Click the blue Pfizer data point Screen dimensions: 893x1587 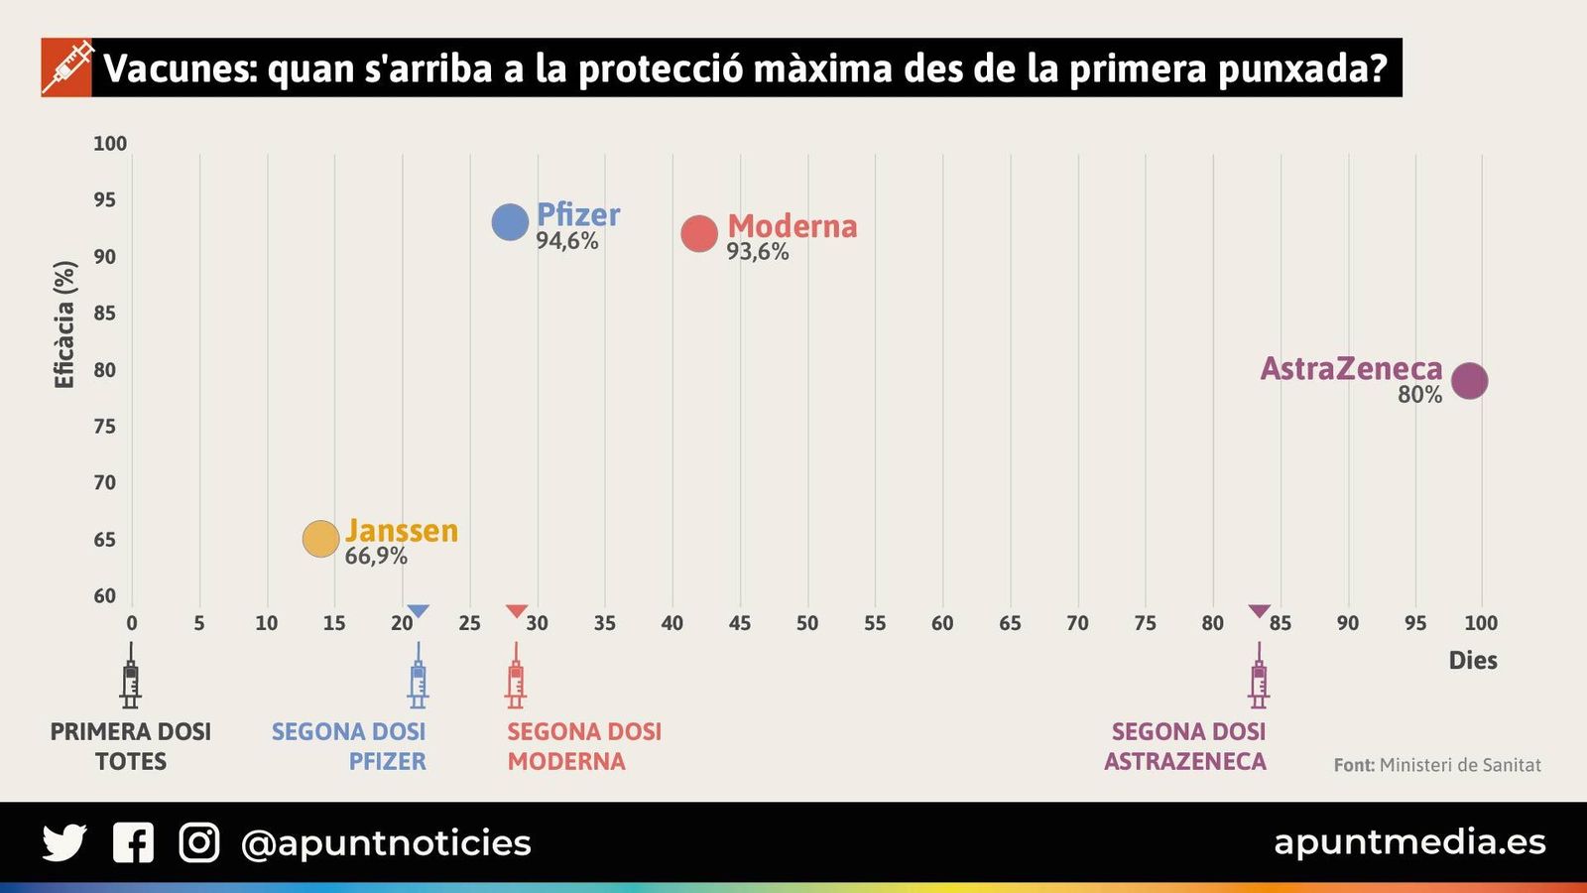click(x=510, y=222)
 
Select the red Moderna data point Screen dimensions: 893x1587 click(x=699, y=234)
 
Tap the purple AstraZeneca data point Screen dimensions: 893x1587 click(x=1469, y=380)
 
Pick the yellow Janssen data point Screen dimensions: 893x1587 click(x=320, y=539)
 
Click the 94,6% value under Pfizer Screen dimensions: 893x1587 click(x=567, y=241)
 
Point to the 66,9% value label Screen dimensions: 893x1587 click(x=376, y=556)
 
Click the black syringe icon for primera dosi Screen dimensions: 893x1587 click(x=130, y=677)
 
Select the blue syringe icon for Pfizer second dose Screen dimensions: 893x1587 click(x=418, y=677)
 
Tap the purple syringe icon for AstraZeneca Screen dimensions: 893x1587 click(x=1259, y=677)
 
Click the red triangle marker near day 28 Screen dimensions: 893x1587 click(x=517, y=610)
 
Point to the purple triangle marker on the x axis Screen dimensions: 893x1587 click(x=1259, y=610)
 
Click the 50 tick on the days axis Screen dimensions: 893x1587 click(x=807, y=623)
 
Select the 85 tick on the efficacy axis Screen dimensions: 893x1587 click(x=105, y=313)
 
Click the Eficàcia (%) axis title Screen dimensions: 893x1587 click(x=64, y=324)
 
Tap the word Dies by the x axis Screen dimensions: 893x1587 click(x=1473, y=661)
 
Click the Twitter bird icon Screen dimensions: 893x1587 click(x=64, y=842)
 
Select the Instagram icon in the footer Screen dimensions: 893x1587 click(x=199, y=842)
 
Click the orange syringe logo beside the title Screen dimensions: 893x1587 click(x=66, y=67)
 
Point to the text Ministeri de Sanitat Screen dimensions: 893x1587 click(x=1460, y=765)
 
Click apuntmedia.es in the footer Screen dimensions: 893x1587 click(x=1409, y=841)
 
